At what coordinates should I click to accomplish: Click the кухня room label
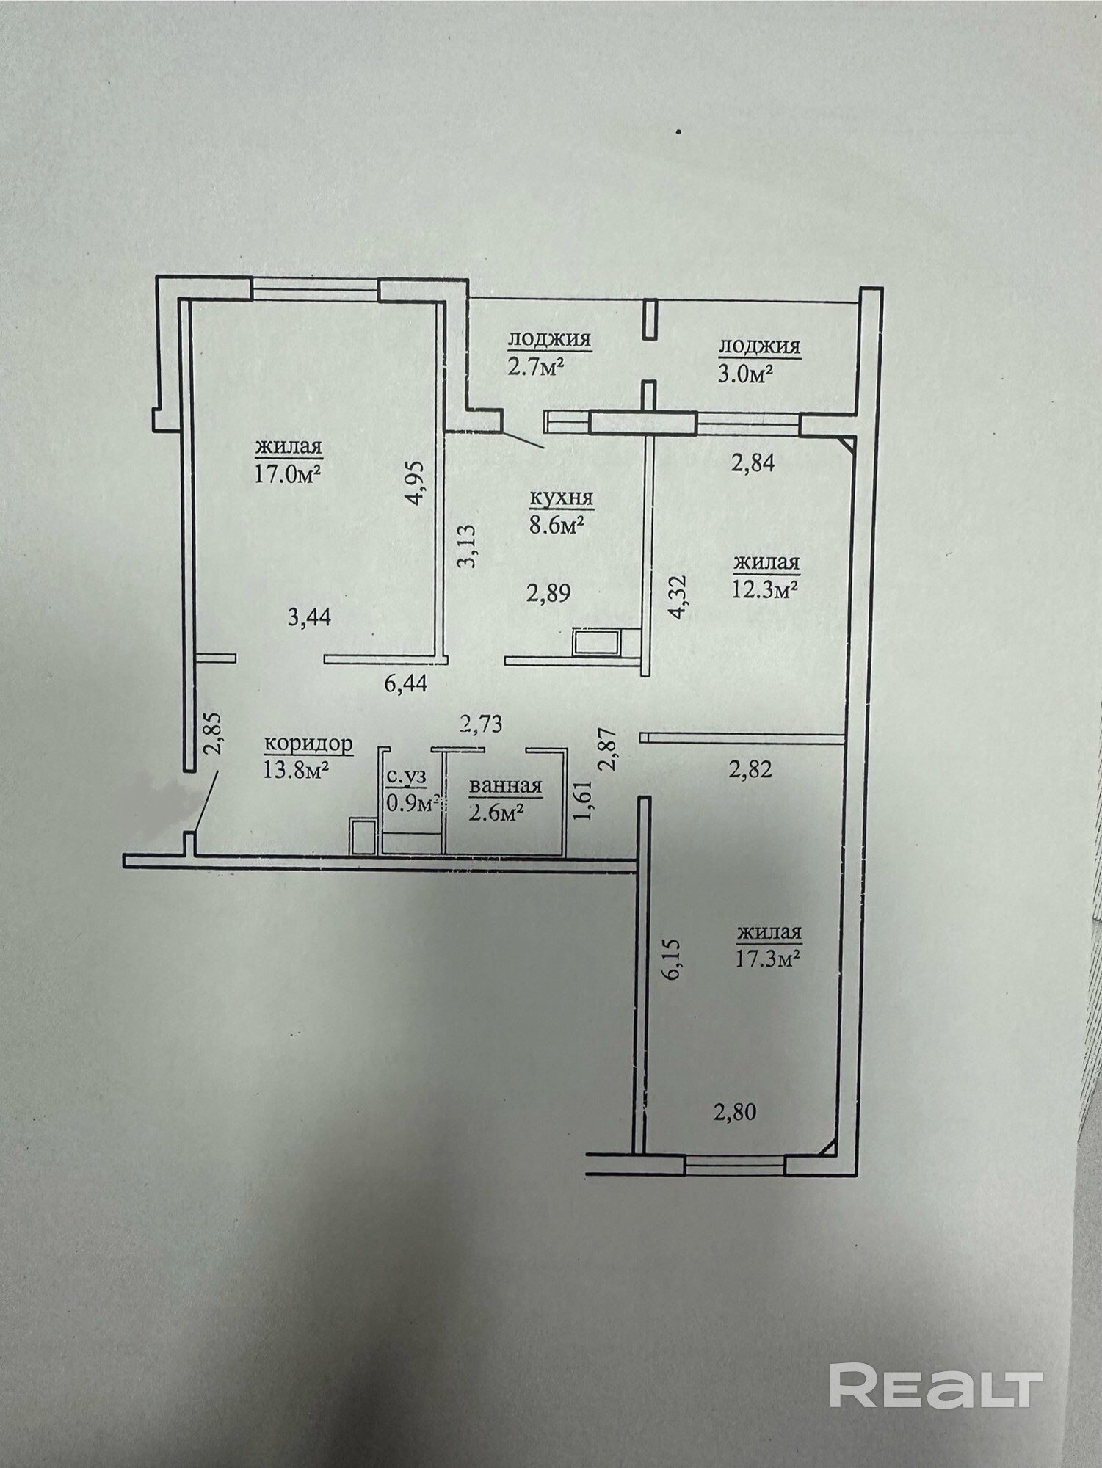click(x=561, y=498)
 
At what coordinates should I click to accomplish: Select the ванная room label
click(x=506, y=786)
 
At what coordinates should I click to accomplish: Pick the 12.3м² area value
click(x=765, y=589)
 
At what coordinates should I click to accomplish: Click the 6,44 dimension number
click(x=405, y=683)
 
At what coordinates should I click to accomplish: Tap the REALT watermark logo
click(x=937, y=1385)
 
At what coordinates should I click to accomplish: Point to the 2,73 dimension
click(x=480, y=724)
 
